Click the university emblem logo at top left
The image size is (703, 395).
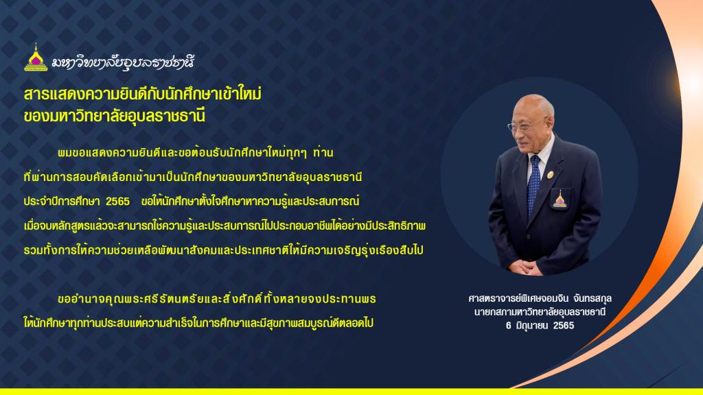click(36, 58)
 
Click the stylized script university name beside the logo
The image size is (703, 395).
click(123, 62)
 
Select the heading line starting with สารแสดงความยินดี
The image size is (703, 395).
click(143, 93)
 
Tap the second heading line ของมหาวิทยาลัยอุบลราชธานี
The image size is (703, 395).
click(115, 115)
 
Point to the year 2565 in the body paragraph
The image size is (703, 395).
click(117, 202)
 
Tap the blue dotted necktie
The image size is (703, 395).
click(533, 184)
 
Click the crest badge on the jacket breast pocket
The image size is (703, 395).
click(559, 200)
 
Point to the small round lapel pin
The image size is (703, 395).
click(550, 175)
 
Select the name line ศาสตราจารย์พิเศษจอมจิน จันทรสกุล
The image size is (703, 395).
click(540, 298)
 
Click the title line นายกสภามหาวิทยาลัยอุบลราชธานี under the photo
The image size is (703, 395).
click(540, 312)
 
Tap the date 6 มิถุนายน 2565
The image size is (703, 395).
click(540, 326)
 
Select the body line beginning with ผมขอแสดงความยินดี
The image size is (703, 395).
click(196, 153)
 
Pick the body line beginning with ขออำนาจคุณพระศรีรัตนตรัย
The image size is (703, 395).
click(217, 299)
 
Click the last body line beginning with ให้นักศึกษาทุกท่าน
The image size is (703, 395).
click(198, 322)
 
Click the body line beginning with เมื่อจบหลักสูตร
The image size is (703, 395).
click(224, 226)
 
